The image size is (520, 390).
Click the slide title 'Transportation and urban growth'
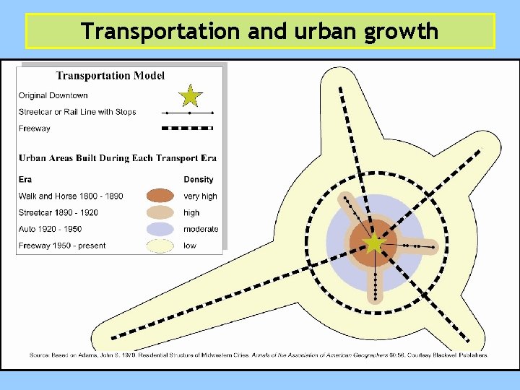[x=260, y=31]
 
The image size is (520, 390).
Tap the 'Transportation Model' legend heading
[x=110, y=75]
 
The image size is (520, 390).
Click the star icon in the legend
[x=190, y=95]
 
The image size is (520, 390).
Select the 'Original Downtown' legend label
[x=53, y=95]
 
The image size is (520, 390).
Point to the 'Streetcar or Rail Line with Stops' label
[x=77, y=112]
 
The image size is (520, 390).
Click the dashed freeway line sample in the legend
[x=188, y=129]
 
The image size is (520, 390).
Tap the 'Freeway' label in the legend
[x=35, y=129]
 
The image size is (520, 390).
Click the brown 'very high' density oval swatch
[x=160, y=196]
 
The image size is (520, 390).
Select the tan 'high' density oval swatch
[x=160, y=212]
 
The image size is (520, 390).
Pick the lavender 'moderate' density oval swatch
[x=160, y=229]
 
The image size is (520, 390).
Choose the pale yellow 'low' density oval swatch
[x=160, y=246]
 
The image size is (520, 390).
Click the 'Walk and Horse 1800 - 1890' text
[x=71, y=196]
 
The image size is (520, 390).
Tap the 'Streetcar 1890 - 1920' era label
[x=58, y=212]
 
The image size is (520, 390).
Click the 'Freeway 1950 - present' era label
[x=62, y=246]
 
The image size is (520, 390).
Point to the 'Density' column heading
[x=199, y=179]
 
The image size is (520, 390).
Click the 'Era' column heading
[x=25, y=179]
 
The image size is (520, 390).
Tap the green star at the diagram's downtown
[x=374, y=244]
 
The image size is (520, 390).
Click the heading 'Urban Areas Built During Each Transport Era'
[x=118, y=158]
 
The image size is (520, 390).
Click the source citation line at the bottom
[x=259, y=355]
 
